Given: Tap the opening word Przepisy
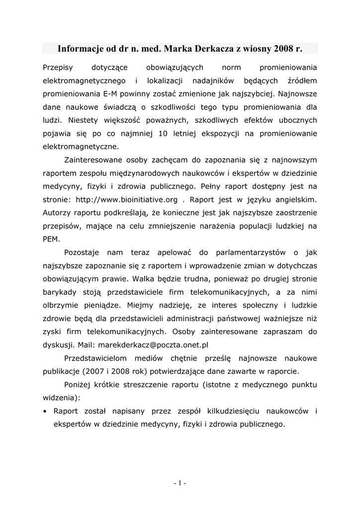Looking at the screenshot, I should (58, 67).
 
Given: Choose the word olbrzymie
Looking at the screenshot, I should (62, 305).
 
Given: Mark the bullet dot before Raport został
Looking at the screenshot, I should (45, 412).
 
